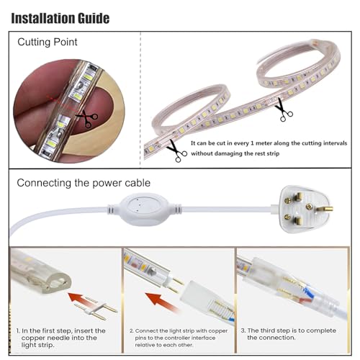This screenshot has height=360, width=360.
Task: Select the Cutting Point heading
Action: coord(47,42)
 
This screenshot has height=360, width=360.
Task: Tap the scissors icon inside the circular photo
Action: coord(88,120)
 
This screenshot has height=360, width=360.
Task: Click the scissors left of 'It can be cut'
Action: coord(176,150)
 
